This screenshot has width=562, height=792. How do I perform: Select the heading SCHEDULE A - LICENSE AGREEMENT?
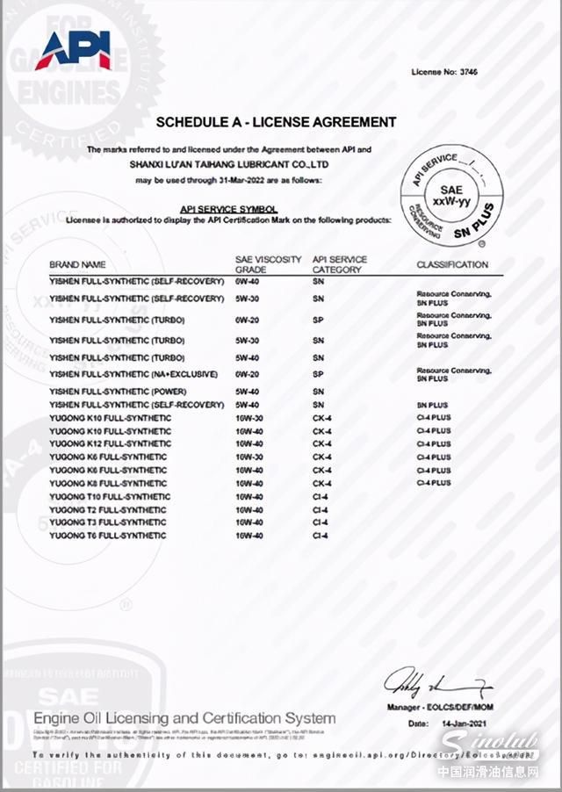point(276,122)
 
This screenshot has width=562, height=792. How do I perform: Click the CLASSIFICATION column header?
point(451,264)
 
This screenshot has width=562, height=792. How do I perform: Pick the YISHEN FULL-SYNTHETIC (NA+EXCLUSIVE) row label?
point(133,375)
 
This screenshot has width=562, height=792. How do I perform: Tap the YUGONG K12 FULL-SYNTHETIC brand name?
point(110,444)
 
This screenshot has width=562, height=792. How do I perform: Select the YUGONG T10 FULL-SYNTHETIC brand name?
point(110,497)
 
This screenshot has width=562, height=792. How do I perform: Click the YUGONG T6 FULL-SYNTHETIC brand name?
point(107,536)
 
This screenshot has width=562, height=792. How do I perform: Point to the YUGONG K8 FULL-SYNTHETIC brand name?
point(107,484)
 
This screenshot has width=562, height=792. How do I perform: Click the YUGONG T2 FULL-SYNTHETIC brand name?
point(107,510)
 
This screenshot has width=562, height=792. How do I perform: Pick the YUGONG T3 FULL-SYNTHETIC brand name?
point(107,522)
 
